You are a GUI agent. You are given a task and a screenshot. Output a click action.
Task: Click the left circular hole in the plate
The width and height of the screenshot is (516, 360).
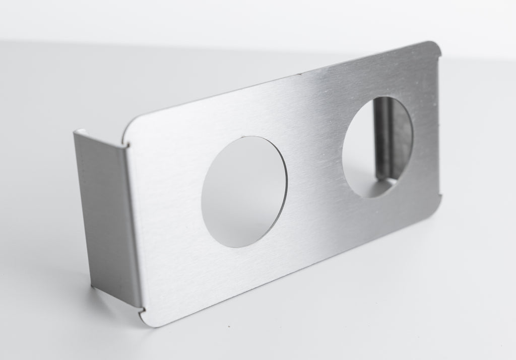click(x=244, y=191)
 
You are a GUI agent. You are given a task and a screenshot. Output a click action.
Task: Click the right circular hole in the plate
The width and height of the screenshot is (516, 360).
click(x=377, y=146)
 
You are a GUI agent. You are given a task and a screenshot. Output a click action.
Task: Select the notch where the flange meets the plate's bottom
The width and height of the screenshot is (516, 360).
click(x=140, y=308)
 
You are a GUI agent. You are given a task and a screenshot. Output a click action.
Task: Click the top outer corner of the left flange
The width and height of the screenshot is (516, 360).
click(x=76, y=132)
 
